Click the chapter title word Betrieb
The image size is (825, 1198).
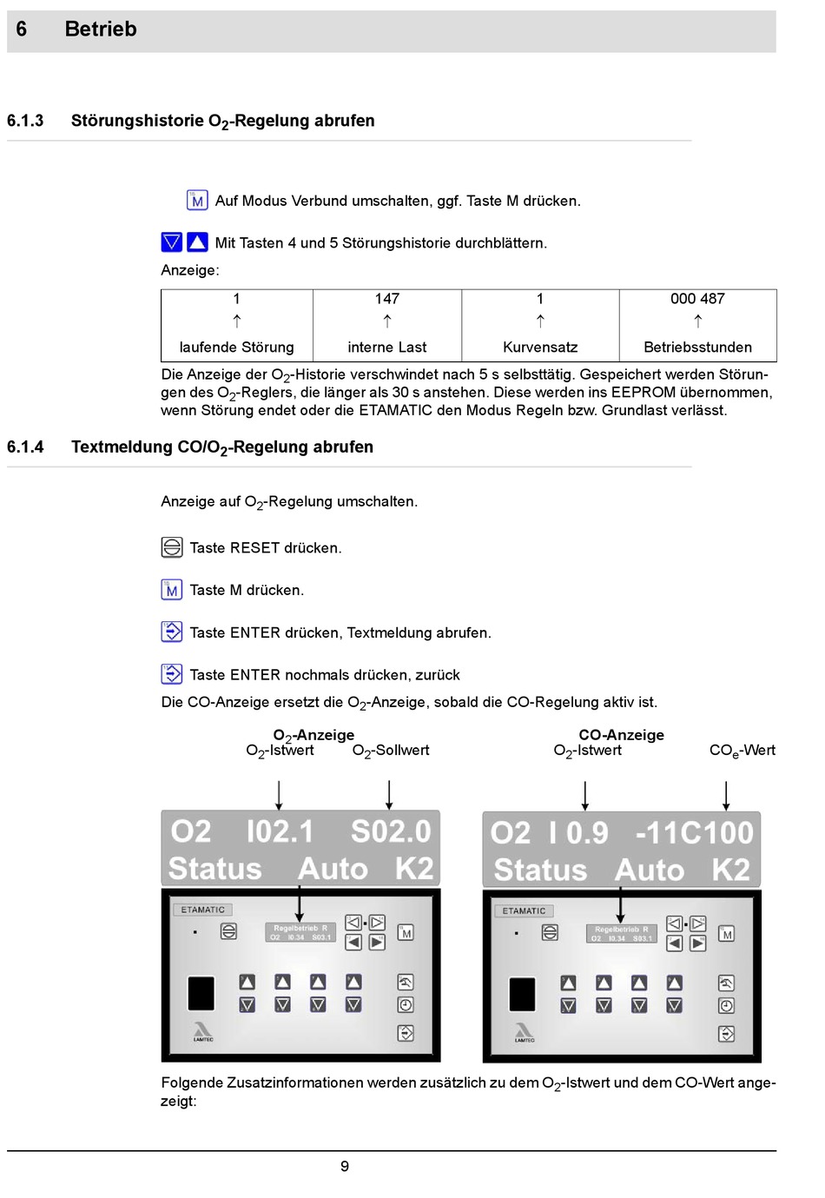tap(101, 30)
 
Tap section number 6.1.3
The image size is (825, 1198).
tap(25, 121)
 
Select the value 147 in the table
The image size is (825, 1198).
tap(387, 299)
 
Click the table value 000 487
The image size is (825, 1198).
tap(697, 299)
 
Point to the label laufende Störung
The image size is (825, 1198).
tap(236, 347)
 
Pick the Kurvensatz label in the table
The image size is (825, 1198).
tap(540, 347)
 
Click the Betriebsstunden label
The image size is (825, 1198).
tap(697, 347)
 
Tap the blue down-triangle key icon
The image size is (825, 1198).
tap(172, 242)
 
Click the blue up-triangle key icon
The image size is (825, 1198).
tap(197, 242)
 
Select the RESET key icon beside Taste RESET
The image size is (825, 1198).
tap(172, 547)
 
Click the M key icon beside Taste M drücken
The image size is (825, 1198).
tap(172, 590)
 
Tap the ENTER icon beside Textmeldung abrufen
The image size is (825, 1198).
tap(172, 632)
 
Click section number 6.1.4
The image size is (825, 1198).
tap(25, 447)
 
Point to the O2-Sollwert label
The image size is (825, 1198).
tap(391, 751)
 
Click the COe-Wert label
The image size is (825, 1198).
tap(742, 751)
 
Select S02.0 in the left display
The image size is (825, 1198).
tap(391, 832)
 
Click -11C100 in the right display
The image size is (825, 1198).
tap(694, 833)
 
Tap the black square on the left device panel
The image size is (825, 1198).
tap(201, 993)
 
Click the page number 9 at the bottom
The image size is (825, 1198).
tap(345, 1167)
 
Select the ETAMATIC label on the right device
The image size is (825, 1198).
tap(524, 911)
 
